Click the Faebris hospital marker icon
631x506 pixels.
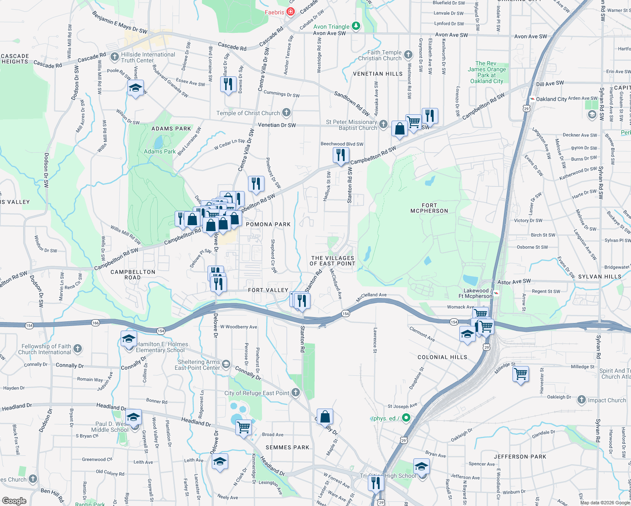pyautogui.click(x=291, y=12)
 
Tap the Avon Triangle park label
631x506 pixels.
pyautogui.click(x=332, y=27)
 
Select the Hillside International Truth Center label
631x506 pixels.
pyautogui.click(x=148, y=57)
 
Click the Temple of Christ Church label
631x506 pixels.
pyautogui.click(x=248, y=113)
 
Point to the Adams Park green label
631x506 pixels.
pyautogui.click(x=160, y=151)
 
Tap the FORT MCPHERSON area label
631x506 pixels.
pyautogui.click(x=429, y=208)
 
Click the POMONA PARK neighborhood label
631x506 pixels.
pyautogui.click(x=268, y=224)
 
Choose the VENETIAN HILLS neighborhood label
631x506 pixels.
pyautogui.click(x=378, y=74)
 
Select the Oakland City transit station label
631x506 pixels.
pyautogui.click(x=551, y=99)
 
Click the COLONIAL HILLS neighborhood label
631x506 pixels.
pyautogui.click(x=442, y=357)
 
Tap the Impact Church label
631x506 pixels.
pyautogui.click(x=607, y=400)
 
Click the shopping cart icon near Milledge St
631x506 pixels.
pyautogui.click(x=521, y=374)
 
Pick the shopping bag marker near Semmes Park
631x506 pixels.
pyautogui.click(x=325, y=417)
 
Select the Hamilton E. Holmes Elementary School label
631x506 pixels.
pyautogui.click(x=160, y=347)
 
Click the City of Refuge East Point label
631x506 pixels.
pyautogui.click(x=257, y=393)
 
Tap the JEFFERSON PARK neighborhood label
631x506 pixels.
pyautogui.click(x=520, y=457)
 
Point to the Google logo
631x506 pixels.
pyautogui.click(x=14, y=501)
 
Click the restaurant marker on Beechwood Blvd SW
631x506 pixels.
pyautogui.click(x=340, y=155)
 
